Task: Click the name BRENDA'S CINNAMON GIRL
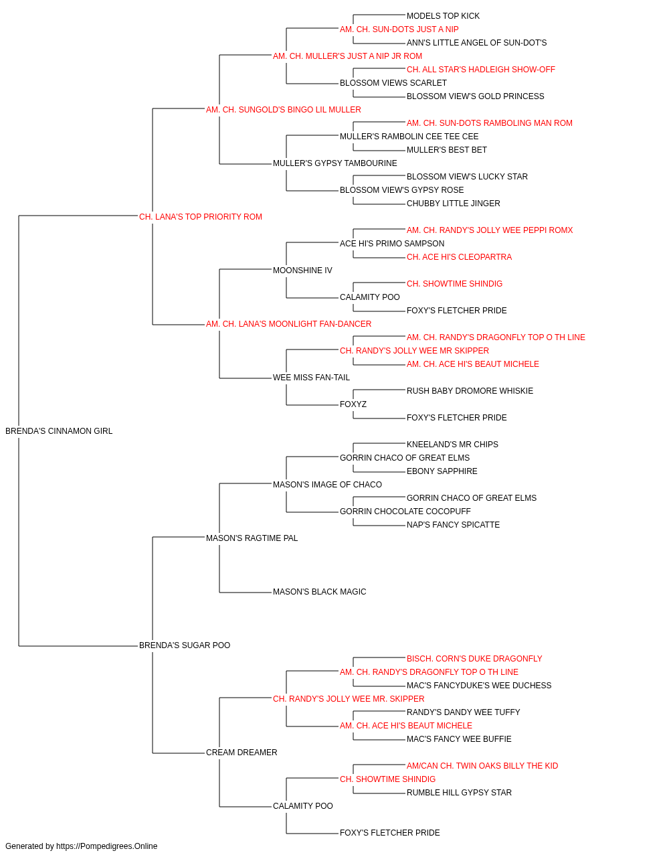tap(59, 431)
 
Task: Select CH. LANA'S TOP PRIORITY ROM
tap(201, 217)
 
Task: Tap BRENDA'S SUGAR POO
tap(185, 645)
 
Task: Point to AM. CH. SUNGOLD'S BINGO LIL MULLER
tap(283, 110)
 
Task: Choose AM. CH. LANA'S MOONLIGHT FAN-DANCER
tap(288, 324)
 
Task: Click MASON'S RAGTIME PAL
tap(252, 538)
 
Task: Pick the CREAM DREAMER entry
tap(242, 753)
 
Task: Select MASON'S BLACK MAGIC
tap(320, 592)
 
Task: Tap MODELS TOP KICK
tap(443, 16)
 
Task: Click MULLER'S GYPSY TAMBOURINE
tap(335, 163)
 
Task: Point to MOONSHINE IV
tap(302, 270)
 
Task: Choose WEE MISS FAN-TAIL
tap(311, 378)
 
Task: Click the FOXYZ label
tap(353, 404)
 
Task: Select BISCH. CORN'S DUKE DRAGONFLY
tap(474, 659)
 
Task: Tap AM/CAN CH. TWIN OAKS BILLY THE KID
tap(482, 766)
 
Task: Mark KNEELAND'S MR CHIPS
tap(452, 445)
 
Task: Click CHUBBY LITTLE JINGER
tap(453, 204)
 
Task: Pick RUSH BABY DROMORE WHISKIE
tap(470, 391)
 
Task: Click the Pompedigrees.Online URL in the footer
tap(107, 846)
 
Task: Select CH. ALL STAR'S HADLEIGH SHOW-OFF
tap(480, 70)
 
